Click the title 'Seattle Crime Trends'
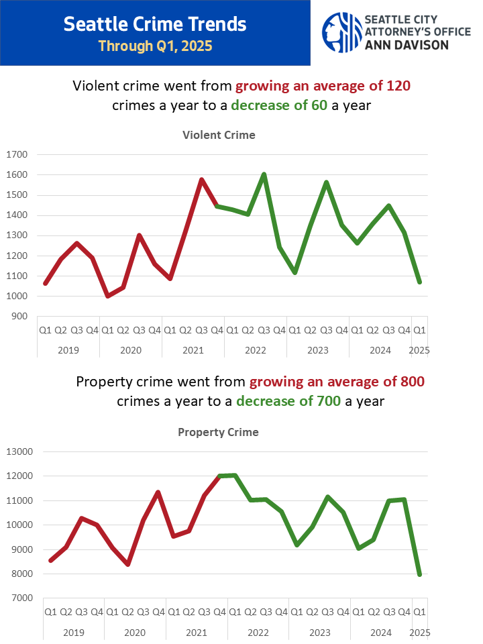click(x=155, y=25)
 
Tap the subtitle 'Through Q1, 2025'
click(x=155, y=46)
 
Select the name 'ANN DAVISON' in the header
click(x=407, y=44)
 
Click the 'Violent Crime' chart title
click(x=219, y=135)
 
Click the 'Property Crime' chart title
click(x=218, y=432)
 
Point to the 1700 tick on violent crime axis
click(x=17, y=155)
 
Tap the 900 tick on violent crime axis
click(x=19, y=317)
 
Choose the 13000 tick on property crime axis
click(x=19, y=452)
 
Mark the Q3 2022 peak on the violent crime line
click(x=264, y=174)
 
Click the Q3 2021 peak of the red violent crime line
click(x=201, y=180)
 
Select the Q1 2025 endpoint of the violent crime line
click(x=419, y=282)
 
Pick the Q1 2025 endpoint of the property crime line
click(x=420, y=574)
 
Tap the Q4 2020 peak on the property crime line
click(x=158, y=492)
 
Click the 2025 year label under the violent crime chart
click(x=419, y=350)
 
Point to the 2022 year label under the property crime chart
click(x=258, y=632)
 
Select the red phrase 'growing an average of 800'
click(x=337, y=382)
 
